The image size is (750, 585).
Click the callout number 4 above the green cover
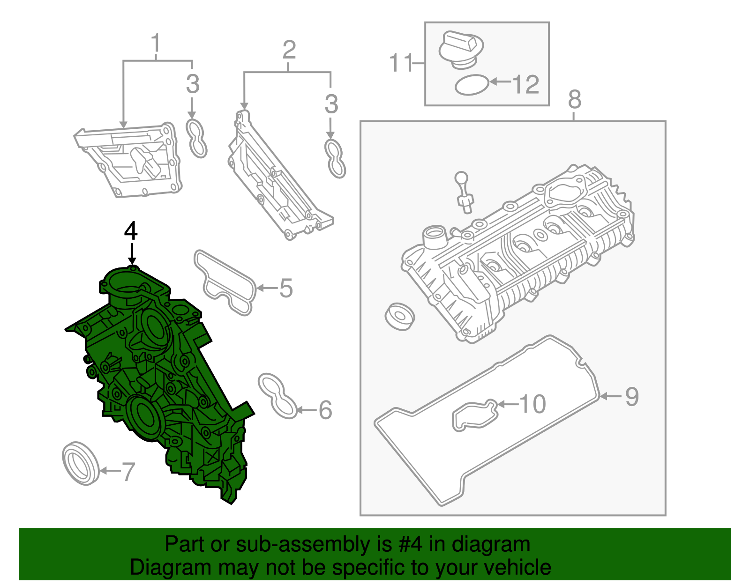coord(131,231)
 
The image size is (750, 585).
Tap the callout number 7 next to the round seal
coord(128,471)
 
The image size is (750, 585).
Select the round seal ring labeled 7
coord(80,462)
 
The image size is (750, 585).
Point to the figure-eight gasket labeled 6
coord(277,395)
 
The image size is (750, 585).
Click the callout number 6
coord(325,410)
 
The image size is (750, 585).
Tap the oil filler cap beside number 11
coord(461,50)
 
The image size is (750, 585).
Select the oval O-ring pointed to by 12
coord(472,85)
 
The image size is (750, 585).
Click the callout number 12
coord(525,84)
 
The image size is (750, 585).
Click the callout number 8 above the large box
coord(574,99)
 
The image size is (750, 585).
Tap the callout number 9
coord(632,396)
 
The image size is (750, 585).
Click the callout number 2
coord(289,50)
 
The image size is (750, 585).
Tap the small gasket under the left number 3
coord(196,138)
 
